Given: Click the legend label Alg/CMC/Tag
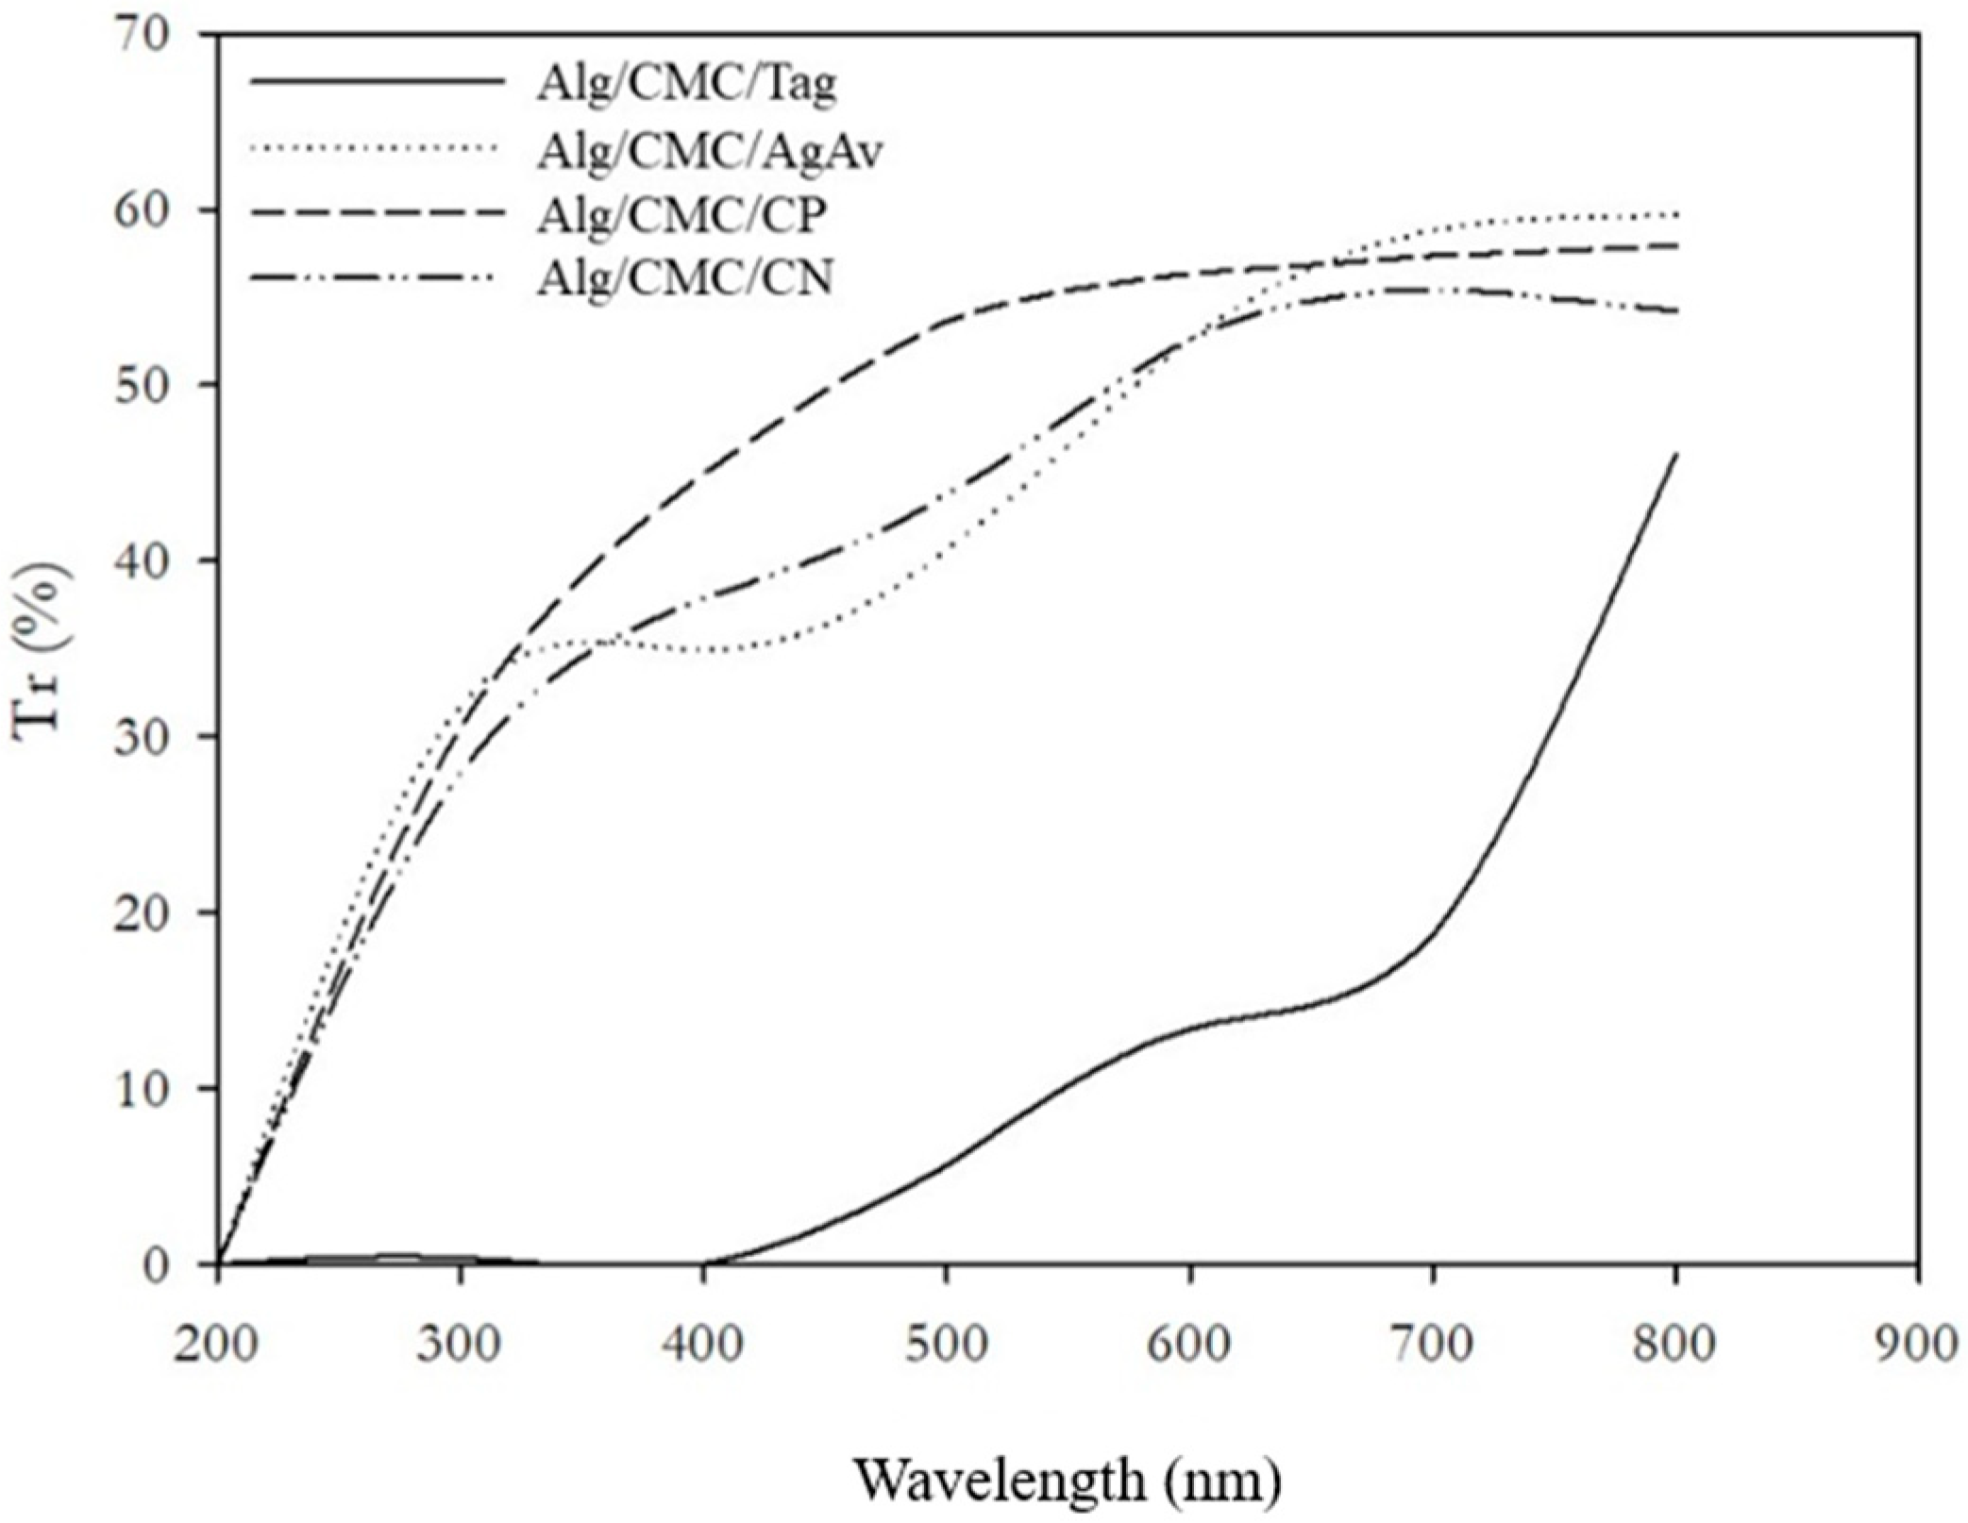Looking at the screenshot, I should [x=686, y=85].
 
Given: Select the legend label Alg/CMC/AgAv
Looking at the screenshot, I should [x=710, y=151].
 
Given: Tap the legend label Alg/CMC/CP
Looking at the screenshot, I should [x=681, y=215].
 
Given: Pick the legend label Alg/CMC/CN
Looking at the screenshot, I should [x=685, y=279].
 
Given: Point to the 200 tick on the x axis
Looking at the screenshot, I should [x=218, y=1343].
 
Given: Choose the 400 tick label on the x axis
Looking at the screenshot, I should [x=703, y=1343].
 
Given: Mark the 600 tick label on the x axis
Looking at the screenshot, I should [x=1190, y=1343].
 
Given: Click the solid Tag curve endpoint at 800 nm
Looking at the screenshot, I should [x=1675, y=454].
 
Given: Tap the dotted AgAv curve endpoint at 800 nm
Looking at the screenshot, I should [x=1675, y=215].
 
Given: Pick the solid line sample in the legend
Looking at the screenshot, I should [x=378, y=82].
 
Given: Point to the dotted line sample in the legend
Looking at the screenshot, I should [x=378, y=146].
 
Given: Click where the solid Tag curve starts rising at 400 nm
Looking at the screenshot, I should [x=705, y=1262].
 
